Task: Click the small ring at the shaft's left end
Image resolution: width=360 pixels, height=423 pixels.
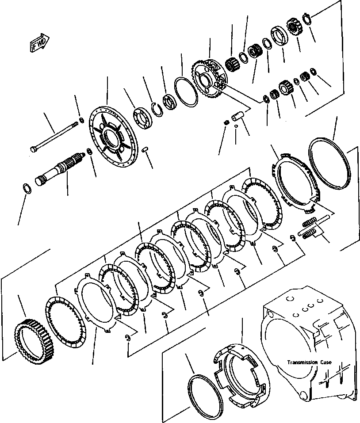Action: click(27, 188)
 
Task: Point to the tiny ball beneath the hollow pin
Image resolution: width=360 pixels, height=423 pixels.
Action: click(236, 126)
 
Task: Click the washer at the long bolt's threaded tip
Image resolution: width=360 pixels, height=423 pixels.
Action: click(81, 121)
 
